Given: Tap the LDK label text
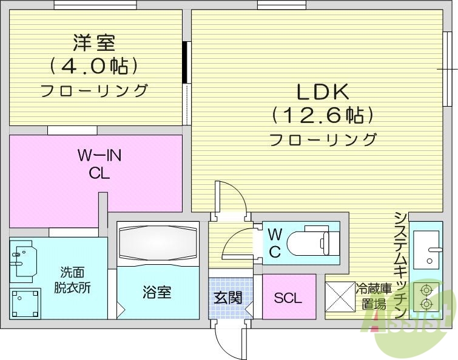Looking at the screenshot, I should click(322, 92).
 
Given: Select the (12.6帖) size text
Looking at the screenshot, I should click(322, 114).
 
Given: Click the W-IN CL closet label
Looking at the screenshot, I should click(99, 164).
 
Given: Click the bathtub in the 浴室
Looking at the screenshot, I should click(158, 244).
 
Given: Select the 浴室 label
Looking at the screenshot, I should click(157, 292).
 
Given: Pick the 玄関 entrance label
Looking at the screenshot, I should click(228, 297).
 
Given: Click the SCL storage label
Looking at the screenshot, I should click(288, 298).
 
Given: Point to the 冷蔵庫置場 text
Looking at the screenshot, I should click(370, 296).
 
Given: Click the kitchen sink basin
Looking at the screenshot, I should click(429, 248).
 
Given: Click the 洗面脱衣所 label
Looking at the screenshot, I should click(75, 280).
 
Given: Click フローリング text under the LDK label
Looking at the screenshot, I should click(322, 139).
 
